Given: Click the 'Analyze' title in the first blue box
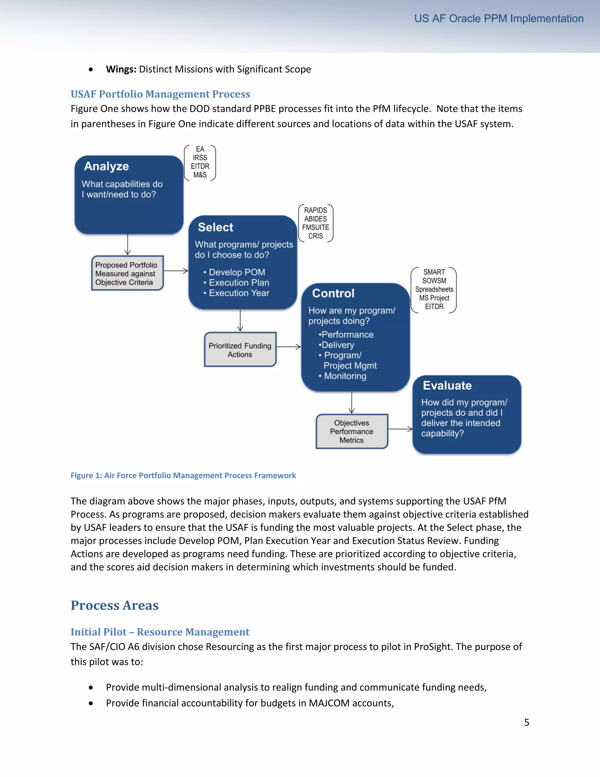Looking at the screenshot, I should pos(106,166).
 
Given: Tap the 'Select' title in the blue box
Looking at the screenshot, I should pos(215,227).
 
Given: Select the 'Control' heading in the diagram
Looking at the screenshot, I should pos(333,293).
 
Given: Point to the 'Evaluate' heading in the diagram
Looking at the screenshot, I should pos(447,385).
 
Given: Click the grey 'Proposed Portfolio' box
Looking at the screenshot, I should pos(127,273).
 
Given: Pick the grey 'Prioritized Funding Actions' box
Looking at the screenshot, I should pos(240,350).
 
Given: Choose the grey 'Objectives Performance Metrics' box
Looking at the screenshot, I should pos(352,431).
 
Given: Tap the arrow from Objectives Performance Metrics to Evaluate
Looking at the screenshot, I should pos(400,429).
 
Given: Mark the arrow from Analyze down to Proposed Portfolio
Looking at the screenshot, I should pos(128,245).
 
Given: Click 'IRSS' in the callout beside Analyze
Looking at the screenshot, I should pos(200,158).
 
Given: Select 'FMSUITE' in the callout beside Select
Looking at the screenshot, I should pos(315,227).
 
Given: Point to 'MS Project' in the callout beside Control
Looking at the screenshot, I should pos(434,298).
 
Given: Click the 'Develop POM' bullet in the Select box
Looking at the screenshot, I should pos(237,272).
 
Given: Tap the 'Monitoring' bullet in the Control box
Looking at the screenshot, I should pos(345,376).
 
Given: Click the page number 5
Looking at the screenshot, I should pos(526,722).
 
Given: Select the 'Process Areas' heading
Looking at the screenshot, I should pos(115,605).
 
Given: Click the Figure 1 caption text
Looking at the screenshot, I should pos(183,475).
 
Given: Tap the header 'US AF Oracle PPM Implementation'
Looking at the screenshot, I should pos(499,18).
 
